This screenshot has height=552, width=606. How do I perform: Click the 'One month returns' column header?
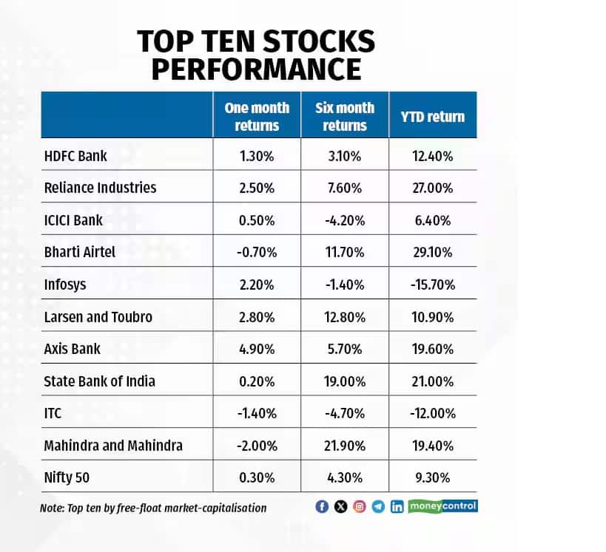(257, 116)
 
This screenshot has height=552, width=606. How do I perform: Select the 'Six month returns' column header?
(345, 116)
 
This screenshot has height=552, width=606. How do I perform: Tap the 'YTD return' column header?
(434, 116)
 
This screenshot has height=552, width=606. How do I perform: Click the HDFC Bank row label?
(76, 156)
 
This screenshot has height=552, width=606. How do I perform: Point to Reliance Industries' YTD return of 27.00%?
(434, 188)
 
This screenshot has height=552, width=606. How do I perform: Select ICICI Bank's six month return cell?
(345, 220)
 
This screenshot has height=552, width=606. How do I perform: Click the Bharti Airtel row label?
(80, 252)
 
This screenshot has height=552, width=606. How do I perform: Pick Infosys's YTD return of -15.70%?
(434, 284)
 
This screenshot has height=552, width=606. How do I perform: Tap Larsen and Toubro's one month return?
(257, 316)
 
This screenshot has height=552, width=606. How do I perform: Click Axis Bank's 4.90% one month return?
(257, 349)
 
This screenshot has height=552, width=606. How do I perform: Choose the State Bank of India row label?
(100, 381)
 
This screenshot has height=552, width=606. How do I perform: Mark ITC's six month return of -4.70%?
(345, 413)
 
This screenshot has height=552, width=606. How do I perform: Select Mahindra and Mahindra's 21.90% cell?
(345, 446)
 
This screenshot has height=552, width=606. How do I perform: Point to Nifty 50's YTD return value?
(434, 477)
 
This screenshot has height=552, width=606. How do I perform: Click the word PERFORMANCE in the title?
(255, 69)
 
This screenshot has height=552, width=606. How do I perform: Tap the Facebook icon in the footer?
(321, 507)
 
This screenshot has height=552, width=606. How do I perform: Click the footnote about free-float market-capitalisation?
(153, 508)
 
